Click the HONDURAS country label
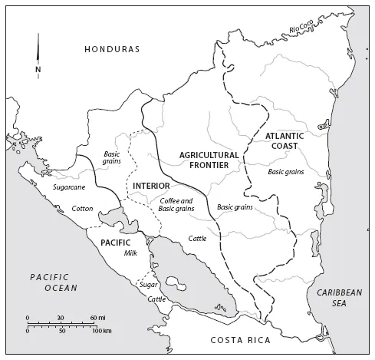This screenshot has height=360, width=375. [112, 49]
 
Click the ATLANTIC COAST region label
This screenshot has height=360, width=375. [285, 141]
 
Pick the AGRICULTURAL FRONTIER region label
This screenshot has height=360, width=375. [209, 160]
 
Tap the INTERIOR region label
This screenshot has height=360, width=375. [150, 187]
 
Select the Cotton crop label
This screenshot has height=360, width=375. [82, 208]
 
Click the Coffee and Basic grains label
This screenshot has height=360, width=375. [176, 204]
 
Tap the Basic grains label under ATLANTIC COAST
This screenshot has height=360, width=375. [286, 171]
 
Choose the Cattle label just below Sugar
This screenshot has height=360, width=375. [156, 299]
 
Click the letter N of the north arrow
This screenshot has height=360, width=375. [38, 70]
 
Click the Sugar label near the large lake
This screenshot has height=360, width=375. [148, 285]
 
